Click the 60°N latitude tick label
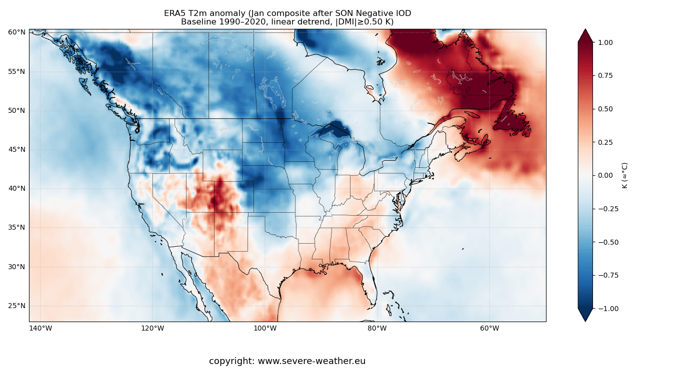(16, 32)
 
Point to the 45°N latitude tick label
(16, 149)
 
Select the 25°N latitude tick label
(16, 306)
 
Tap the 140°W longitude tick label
(40, 328)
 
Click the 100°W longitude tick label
(265, 328)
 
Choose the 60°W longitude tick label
(489, 328)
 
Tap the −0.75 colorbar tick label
(608, 275)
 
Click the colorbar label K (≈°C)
(624, 175)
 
